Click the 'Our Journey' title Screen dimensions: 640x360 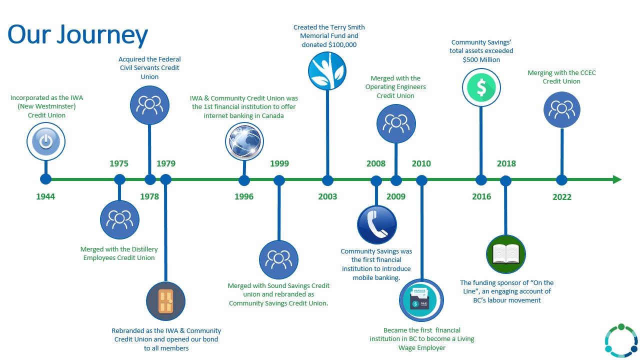click(77, 35)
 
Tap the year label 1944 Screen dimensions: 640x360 click(45, 196)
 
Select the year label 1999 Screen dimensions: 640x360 click(279, 163)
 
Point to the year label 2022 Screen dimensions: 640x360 click(561, 197)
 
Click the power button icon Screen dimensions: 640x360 click(46, 141)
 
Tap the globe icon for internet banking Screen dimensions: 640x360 click(244, 141)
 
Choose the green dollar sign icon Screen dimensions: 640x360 click(481, 87)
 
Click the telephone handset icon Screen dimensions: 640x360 click(377, 225)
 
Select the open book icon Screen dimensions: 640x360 click(506, 254)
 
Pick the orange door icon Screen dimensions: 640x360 click(165, 301)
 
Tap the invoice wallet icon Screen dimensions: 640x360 click(421, 300)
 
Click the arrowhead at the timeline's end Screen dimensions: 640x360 click(617, 179)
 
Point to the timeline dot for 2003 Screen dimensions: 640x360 click(327, 180)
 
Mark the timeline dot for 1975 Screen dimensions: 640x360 click(119, 179)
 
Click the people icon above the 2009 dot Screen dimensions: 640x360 click(396, 123)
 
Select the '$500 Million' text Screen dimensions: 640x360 click(481, 59)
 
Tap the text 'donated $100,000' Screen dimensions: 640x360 click(329, 45)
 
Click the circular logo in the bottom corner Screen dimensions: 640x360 click(621, 340)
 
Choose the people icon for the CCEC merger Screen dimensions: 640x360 click(561, 109)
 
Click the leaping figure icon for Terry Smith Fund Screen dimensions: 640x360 click(327, 71)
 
